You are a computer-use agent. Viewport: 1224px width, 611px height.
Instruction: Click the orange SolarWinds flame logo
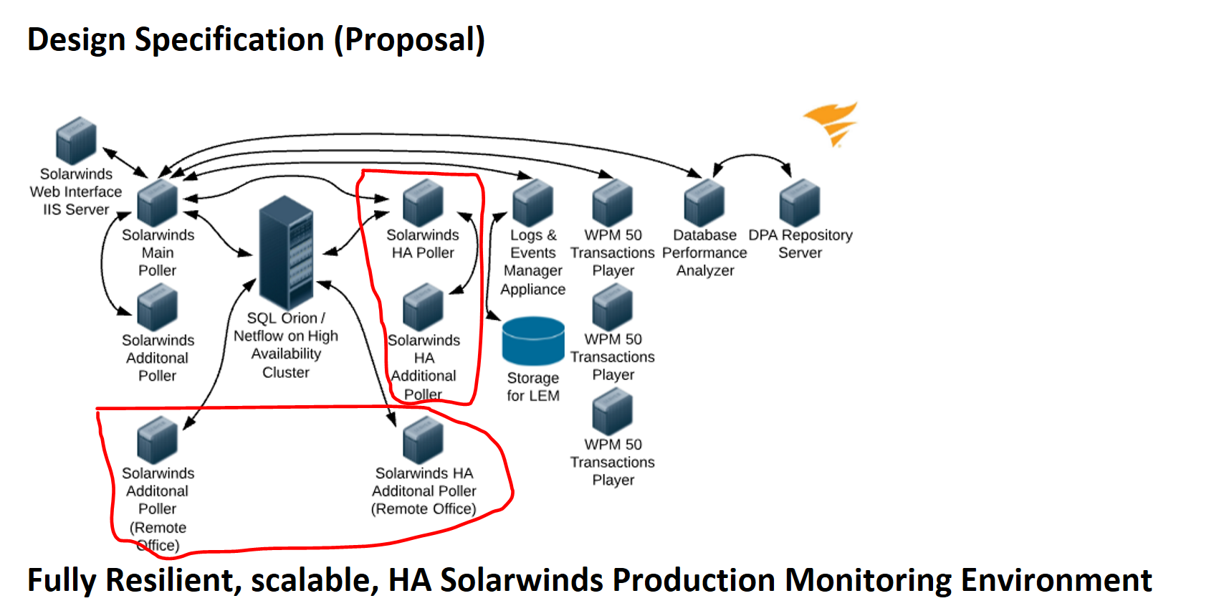click(831, 123)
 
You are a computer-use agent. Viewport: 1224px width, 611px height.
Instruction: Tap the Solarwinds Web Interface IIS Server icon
click(76, 141)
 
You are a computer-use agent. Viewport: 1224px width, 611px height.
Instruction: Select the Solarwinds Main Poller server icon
click(157, 203)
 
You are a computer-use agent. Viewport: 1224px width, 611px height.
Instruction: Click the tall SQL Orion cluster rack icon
click(286, 252)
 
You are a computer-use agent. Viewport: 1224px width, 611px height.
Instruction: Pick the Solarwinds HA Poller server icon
click(423, 203)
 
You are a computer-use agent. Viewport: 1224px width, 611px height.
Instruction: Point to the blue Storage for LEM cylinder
click(533, 341)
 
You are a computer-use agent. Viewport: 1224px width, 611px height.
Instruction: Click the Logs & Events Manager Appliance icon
click(532, 203)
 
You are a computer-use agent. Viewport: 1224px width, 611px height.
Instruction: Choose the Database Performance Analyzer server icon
click(704, 203)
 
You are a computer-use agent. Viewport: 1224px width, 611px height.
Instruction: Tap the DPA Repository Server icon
click(800, 203)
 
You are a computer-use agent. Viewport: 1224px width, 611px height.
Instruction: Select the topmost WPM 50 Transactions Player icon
click(613, 203)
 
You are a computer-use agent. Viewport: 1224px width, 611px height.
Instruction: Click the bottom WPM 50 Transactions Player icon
click(613, 412)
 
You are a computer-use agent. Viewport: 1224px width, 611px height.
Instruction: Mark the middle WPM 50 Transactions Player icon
click(613, 308)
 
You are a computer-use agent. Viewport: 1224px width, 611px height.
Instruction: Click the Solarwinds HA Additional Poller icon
click(423, 308)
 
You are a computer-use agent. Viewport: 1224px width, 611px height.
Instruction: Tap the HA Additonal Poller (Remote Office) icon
click(423, 441)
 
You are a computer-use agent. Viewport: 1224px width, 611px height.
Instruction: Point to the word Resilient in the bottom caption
click(173, 580)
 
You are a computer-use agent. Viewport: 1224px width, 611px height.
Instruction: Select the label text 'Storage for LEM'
click(532, 387)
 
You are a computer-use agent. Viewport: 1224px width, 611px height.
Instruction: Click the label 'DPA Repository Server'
click(800, 244)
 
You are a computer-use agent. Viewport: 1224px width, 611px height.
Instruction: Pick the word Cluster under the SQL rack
click(286, 373)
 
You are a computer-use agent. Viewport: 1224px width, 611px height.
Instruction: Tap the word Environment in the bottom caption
click(1056, 580)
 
